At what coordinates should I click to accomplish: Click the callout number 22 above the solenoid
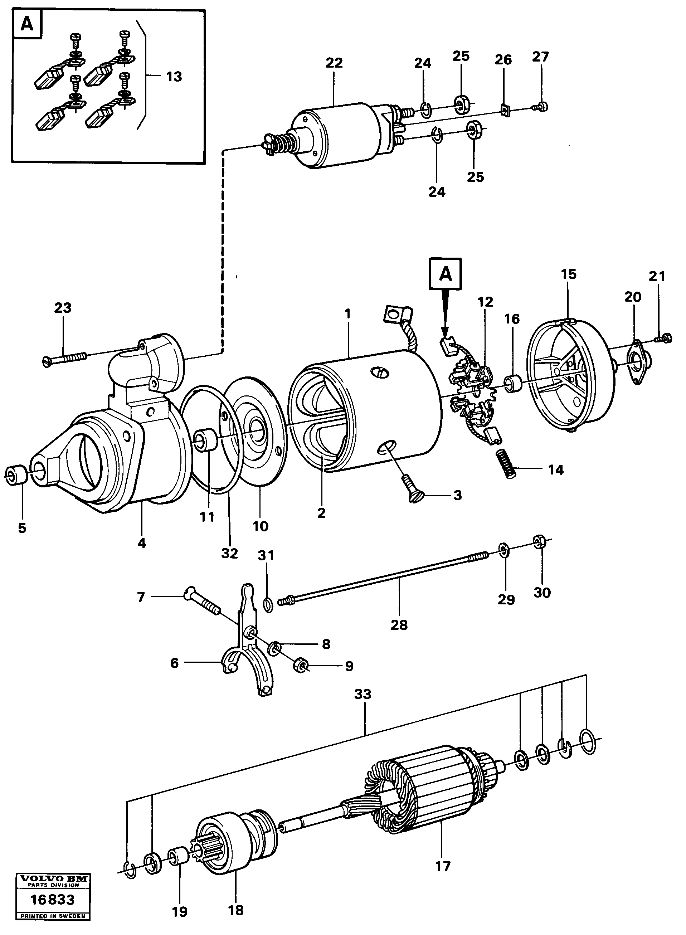pyautogui.click(x=334, y=63)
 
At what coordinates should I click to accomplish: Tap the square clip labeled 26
pyautogui.click(x=505, y=111)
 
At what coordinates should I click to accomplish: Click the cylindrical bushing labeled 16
pyautogui.click(x=513, y=383)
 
